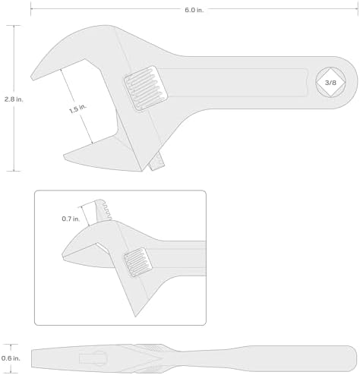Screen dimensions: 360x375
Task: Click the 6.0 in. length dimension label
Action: click(194, 10)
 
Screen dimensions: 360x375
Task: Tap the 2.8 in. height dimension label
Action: click(14, 99)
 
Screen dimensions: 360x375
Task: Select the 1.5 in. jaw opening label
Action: click(77, 109)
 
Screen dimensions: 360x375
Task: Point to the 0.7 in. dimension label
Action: click(71, 219)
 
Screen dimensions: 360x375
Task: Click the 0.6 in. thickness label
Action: click(11, 358)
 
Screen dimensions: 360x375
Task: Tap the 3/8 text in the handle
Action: click(330, 83)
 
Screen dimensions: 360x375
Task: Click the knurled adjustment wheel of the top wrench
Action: click(146, 88)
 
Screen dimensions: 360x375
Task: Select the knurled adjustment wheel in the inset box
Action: click(138, 262)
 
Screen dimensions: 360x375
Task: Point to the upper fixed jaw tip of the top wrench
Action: click(33, 77)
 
